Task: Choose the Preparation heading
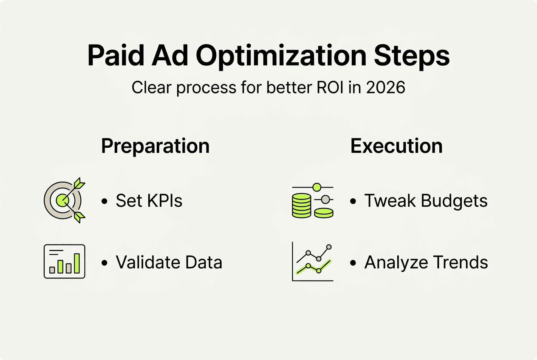[155, 146]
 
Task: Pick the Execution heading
[396, 146]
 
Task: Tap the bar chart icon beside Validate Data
[65, 262]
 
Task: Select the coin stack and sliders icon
[313, 200]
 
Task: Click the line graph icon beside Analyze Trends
[313, 262]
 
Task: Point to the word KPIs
[165, 201]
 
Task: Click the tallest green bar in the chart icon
[77, 264]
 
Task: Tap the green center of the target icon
[62, 200]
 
